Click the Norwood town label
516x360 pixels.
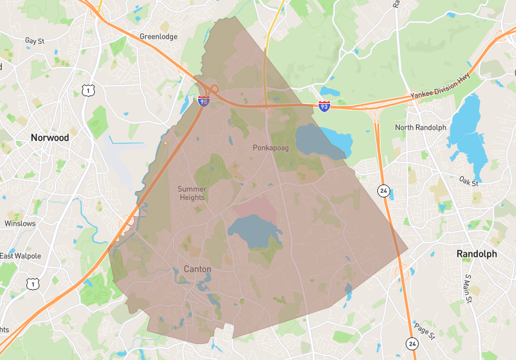pyautogui.click(x=50, y=137)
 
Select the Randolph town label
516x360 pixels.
pyautogui.click(x=477, y=254)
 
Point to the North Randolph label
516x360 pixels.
pyautogui.click(x=421, y=127)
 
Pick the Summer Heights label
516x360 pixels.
pyautogui.click(x=192, y=193)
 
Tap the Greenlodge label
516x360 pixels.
pyautogui.click(x=158, y=37)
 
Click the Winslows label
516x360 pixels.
pyautogui.click(x=20, y=223)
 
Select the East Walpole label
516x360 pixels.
pyautogui.click(x=20, y=256)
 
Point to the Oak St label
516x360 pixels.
pyautogui.click(x=469, y=183)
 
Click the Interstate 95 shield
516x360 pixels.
pyautogui.click(x=203, y=101)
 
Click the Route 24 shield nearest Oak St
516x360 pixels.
pyautogui.click(x=384, y=191)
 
